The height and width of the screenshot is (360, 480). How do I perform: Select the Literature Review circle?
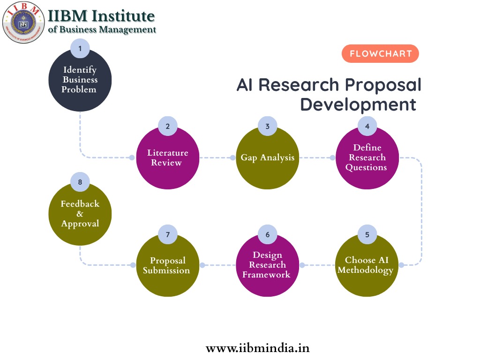pyautogui.click(x=167, y=158)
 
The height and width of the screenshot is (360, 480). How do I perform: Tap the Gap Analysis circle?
pyautogui.click(x=267, y=158)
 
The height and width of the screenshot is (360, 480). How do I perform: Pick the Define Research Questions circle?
pyautogui.click(x=367, y=158)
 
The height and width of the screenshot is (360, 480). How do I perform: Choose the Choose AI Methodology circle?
pyautogui.click(x=367, y=265)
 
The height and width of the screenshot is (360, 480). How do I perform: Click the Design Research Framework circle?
pyautogui.click(x=267, y=265)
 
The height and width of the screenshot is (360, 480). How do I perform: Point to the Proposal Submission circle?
pyautogui.click(x=167, y=265)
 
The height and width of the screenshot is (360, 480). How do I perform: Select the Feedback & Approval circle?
pyautogui.click(x=80, y=214)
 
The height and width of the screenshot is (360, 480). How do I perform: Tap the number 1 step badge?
pyautogui.click(x=80, y=48)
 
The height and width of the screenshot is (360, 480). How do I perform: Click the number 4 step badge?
pyautogui.click(x=367, y=126)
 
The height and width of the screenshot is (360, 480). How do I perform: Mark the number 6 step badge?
pyautogui.click(x=267, y=234)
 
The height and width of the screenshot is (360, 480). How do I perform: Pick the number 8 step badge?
pyautogui.click(x=80, y=182)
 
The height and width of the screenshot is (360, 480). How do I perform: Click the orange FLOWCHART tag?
pyautogui.click(x=380, y=54)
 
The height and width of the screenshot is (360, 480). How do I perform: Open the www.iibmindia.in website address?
pyautogui.click(x=257, y=348)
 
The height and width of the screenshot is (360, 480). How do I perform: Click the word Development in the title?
pyautogui.click(x=358, y=104)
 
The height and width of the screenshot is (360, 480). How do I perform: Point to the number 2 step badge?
pyautogui.click(x=167, y=126)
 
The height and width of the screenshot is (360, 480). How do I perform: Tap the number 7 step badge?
pyautogui.click(x=167, y=234)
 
